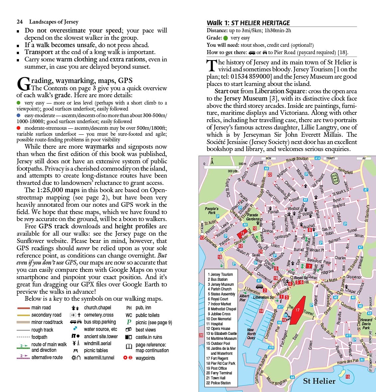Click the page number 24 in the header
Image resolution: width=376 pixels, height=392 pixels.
click(x=20, y=22)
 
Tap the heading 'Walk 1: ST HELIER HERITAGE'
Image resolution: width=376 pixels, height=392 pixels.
click(x=248, y=23)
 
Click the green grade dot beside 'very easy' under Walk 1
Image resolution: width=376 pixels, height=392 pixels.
click(x=226, y=38)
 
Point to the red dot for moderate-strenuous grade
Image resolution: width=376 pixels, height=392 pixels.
click(x=19, y=128)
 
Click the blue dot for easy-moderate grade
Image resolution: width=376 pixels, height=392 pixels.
click(x=19, y=115)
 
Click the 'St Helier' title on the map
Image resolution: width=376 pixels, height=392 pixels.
click(x=319, y=381)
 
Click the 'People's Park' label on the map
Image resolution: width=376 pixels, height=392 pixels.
click(x=211, y=210)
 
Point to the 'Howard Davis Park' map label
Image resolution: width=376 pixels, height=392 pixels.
click(x=366, y=324)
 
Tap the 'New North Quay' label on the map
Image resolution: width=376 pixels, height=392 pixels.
click(x=251, y=334)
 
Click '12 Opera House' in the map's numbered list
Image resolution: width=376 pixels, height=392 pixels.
click(x=218, y=329)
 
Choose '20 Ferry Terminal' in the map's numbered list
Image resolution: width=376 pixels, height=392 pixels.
click(x=219, y=373)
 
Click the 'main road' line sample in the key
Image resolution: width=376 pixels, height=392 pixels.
click(x=23, y=308)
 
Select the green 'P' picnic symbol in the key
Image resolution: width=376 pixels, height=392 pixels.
click(x=129, y=322)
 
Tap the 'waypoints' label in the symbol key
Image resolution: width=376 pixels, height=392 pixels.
click(x=145, y=358)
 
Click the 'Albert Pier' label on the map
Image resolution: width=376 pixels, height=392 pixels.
click(x=244, y=298)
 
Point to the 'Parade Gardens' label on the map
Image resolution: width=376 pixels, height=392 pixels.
click(x=253, y=217)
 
